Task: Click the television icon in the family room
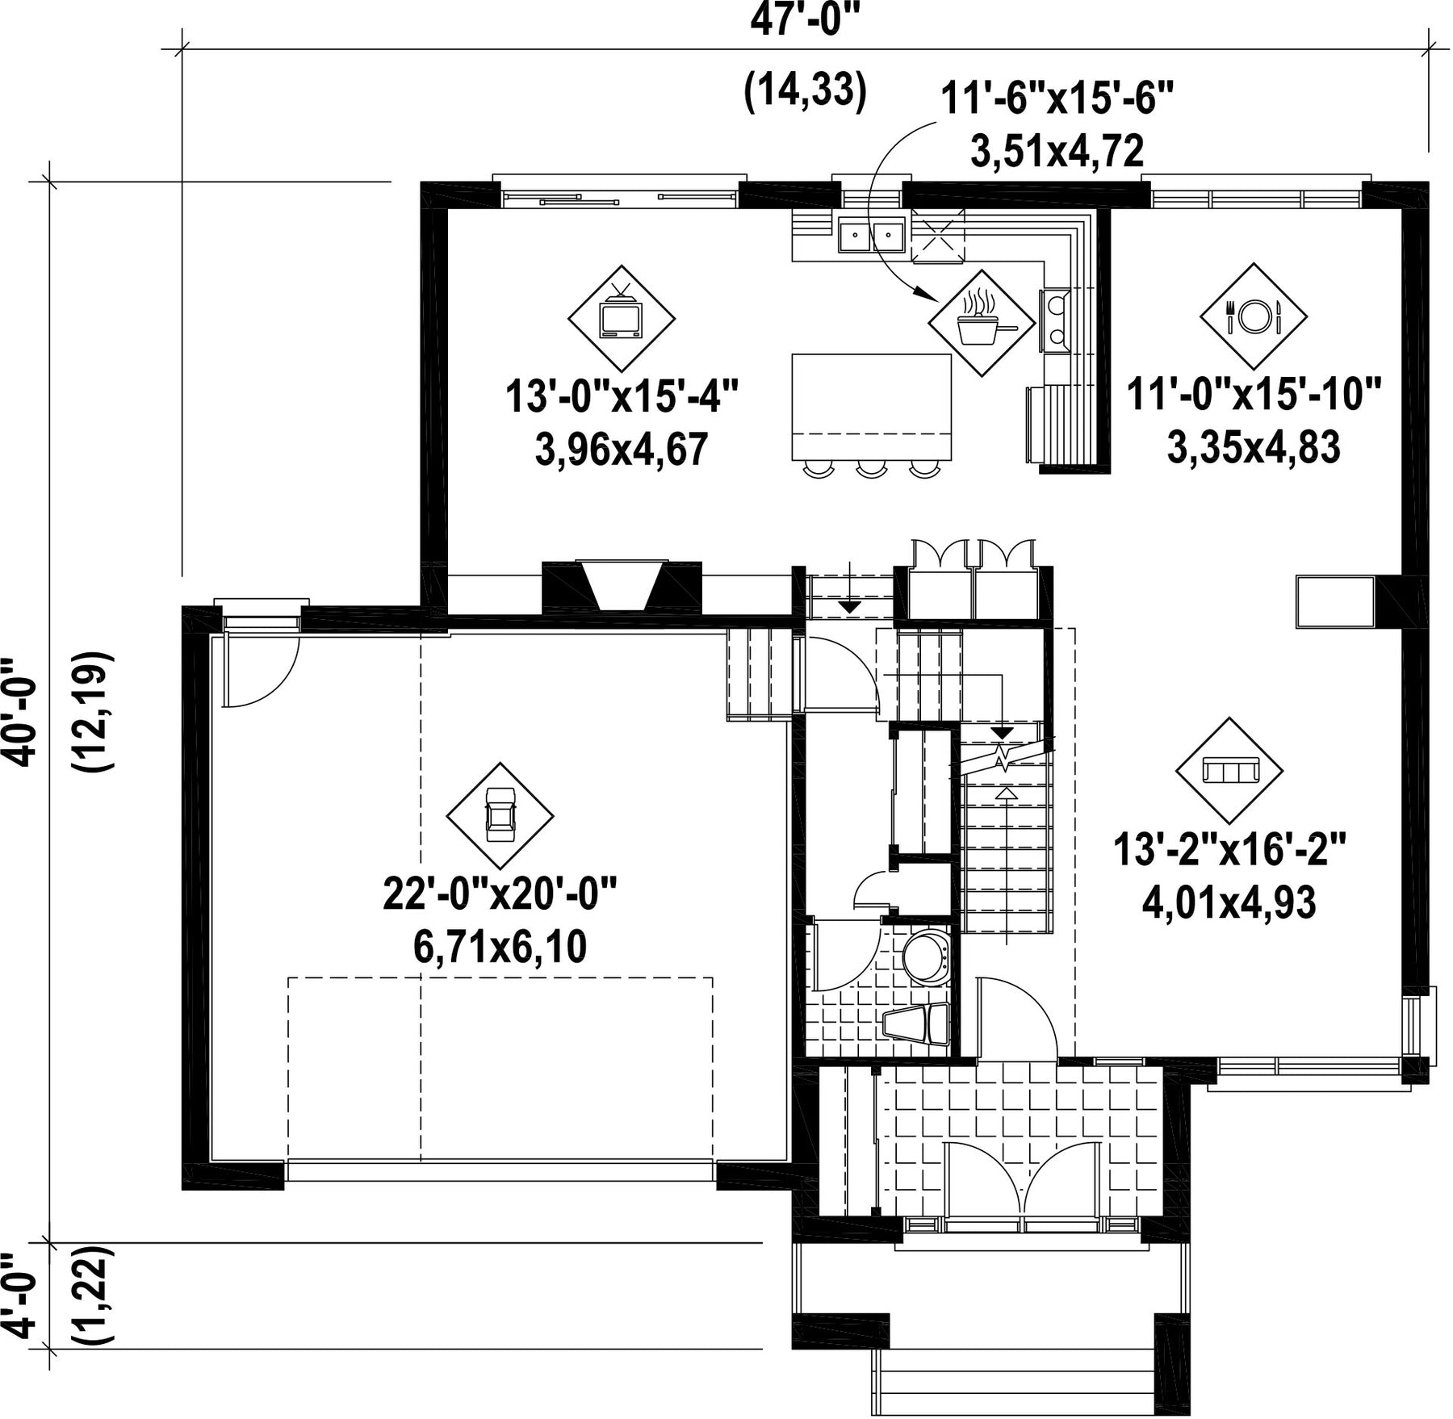(621, 317)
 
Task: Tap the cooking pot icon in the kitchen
(981, 322)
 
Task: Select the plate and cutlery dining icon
(1253, 316)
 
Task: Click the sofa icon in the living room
(1229, 770)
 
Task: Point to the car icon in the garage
(500, 814)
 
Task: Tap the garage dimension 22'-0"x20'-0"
(500, 896)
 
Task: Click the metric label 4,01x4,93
(1229, 903)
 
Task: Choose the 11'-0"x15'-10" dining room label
(1254, 396)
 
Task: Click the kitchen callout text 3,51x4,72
(1056, 151)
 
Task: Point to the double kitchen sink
(871, 236)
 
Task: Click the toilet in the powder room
(926, 958)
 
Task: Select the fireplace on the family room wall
(622, 588)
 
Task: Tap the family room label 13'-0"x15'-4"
(622, 399)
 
